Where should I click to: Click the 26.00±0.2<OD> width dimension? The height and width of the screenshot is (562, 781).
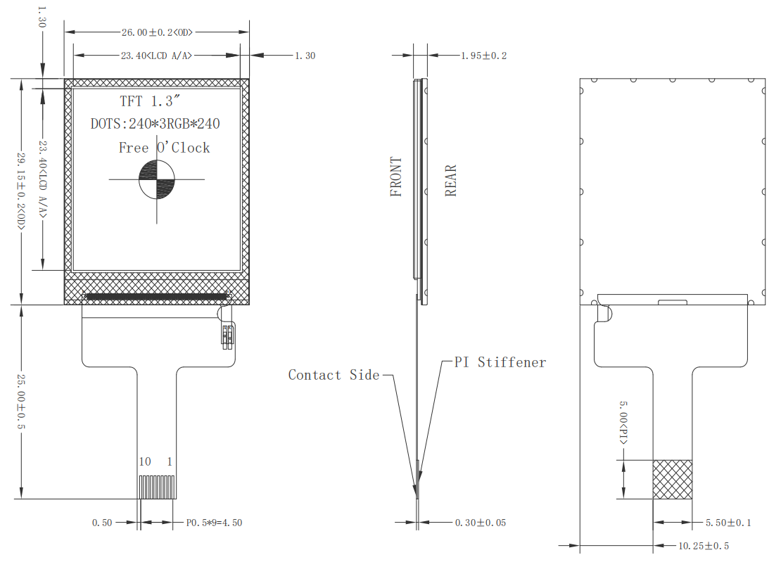click(157, 32)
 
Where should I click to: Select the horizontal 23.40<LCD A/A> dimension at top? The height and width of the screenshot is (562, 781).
click(157, 56)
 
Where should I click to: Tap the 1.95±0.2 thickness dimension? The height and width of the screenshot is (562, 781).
click(483, 56)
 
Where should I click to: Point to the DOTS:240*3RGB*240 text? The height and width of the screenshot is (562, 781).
click(155, 124)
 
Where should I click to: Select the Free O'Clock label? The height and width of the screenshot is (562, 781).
click(164, 148)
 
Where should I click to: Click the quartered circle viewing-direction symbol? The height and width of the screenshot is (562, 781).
click(156, 179)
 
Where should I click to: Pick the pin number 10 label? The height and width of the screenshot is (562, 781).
click(145, 462)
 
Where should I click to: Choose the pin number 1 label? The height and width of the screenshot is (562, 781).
click(170, 462)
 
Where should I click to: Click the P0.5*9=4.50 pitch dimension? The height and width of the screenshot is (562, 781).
click(214, 523)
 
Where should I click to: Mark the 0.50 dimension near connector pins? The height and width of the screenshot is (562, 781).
click(102, 523)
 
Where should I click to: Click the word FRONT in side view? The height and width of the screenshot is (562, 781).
click(397, 177)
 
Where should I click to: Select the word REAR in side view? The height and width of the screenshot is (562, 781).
click(451, 180)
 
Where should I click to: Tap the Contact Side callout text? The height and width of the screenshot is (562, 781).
click(334, 376)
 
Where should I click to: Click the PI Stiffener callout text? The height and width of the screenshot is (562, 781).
click(500, 362)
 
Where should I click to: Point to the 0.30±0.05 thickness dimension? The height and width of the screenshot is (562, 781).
click(481, 523)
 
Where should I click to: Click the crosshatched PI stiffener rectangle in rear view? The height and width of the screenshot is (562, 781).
click(672, 480)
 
